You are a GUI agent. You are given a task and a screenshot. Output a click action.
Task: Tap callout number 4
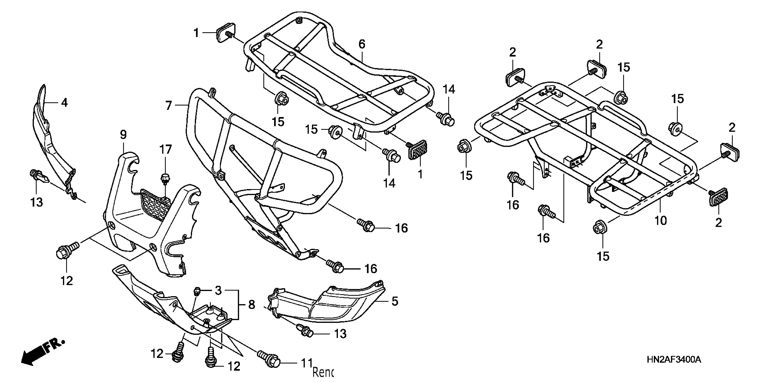tap(64, 103)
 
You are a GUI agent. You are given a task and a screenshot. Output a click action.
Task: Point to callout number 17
tap(166, 150)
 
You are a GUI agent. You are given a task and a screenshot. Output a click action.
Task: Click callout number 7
tap(169, 105)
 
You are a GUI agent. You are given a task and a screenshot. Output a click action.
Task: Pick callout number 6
tap(362, 44)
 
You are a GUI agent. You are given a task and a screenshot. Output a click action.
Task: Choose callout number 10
tap(660, 220)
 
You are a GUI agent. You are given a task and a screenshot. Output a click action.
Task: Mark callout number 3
tap(218, 291)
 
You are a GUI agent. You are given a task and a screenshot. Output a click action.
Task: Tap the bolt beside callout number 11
tap(269, 358)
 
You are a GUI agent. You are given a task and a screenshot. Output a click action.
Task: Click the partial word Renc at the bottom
tap(323, 372)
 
